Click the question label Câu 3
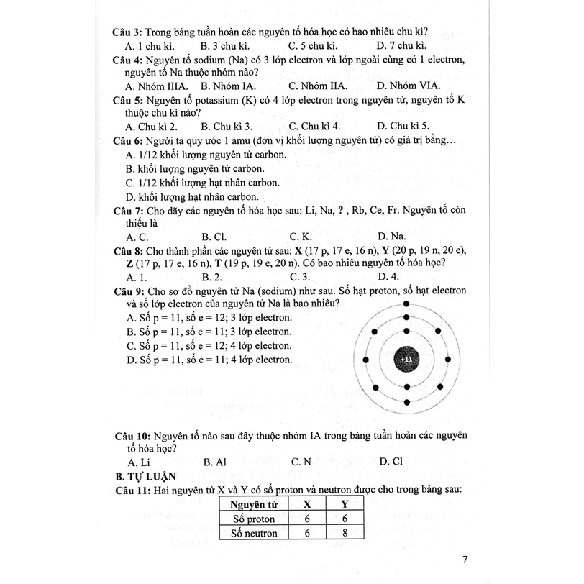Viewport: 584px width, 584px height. coord(127,32)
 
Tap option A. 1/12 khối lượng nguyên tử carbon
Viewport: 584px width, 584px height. coord(205,155)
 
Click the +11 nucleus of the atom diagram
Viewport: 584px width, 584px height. coord(407,358)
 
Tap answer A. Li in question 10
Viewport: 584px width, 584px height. coord(137,462)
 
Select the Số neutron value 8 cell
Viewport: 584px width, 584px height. coord(345,533)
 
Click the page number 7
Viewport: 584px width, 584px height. coord(465,560)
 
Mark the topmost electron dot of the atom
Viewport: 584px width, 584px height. coord(407,304)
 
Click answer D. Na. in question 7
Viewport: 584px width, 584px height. coord(391,236)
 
